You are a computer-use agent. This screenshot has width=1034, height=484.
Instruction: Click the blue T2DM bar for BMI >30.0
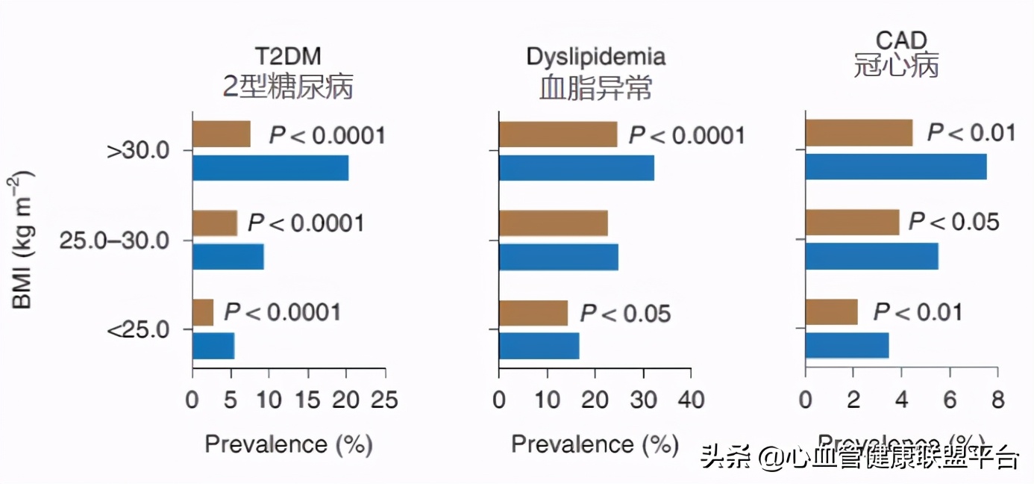click(270, 168)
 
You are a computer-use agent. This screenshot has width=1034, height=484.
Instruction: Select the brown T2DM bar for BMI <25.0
click(203, 312)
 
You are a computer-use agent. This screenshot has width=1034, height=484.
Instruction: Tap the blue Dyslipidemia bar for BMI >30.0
click(576, 168)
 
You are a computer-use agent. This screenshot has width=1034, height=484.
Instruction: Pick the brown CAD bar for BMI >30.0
click(859, 133)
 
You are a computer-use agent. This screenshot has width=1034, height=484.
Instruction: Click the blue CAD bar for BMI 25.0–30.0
click(871, 256)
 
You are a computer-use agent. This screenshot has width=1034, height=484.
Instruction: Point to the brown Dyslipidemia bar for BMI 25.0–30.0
click(553, 223)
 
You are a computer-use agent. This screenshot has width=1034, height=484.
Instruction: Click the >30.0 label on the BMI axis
click(139, 152)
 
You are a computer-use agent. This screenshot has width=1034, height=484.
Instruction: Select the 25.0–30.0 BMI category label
click(116, 241)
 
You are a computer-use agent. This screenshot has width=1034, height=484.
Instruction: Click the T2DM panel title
click(287, 57)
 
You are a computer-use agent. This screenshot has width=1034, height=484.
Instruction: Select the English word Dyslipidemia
click(595, 57)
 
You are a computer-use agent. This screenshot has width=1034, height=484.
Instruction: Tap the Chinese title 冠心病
click(896, 66)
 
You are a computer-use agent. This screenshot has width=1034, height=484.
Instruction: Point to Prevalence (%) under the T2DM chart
click(288, 444)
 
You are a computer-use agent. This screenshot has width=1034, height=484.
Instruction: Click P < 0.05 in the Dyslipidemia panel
click(625, 314)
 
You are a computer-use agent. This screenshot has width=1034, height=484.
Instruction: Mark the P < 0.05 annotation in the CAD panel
click(953, 222)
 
